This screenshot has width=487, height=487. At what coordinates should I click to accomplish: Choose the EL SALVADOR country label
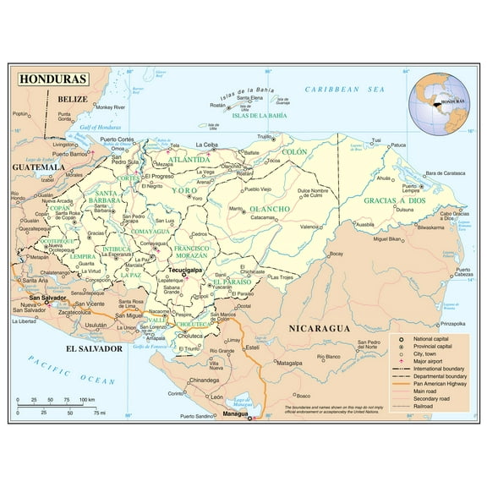(93, 347)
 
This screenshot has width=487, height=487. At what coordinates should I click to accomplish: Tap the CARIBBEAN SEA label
(344, 89)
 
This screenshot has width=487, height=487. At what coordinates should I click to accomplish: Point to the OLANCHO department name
(270, 208)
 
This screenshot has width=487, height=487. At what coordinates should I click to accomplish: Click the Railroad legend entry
(419, 407)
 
